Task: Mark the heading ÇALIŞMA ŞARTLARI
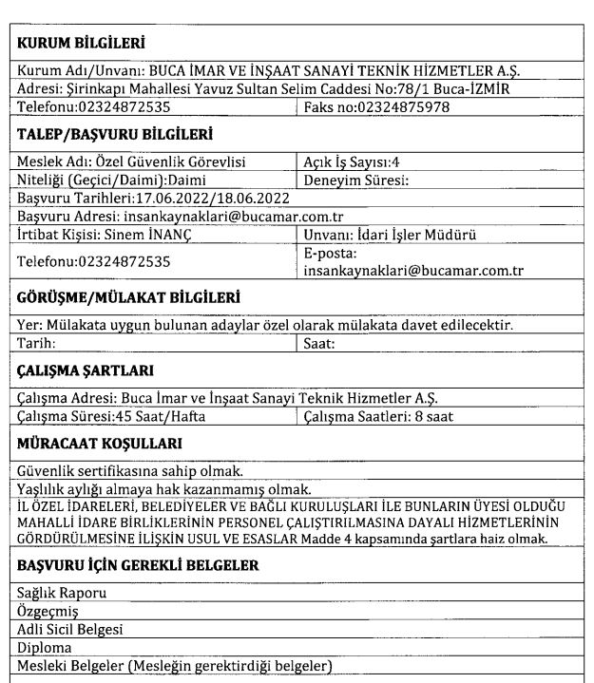[x=85, y=369]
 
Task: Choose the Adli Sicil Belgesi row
[x=71, y=629]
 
